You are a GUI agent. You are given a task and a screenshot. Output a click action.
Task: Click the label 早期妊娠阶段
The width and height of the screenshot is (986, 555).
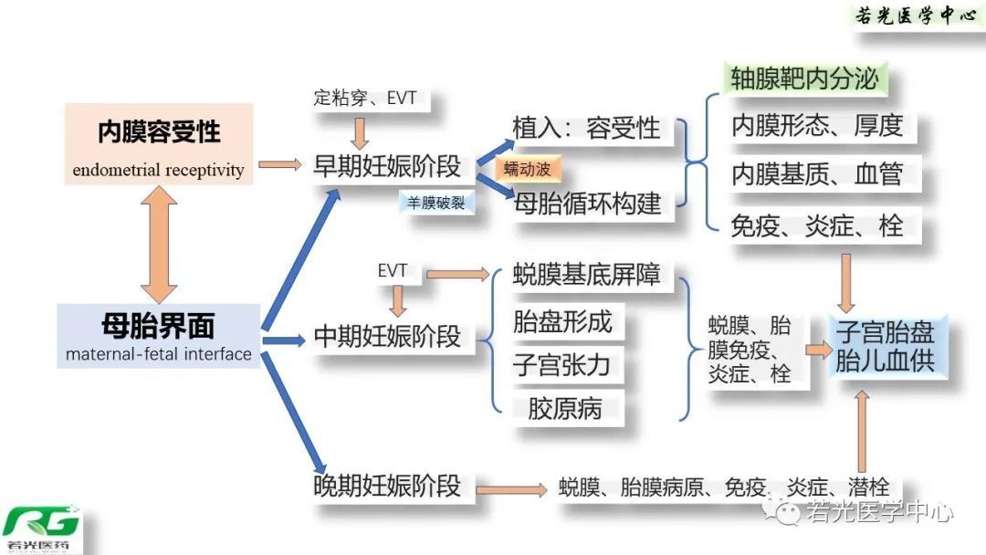(x=387, y=165)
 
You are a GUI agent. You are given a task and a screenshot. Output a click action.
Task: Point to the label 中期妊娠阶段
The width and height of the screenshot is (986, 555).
(x=387, y=336)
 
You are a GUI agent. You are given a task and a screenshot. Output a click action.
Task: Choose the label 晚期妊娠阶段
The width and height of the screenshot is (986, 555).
(x=387, y=485)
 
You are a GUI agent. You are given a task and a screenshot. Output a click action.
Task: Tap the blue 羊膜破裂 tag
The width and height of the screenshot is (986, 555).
(x=436, y=203)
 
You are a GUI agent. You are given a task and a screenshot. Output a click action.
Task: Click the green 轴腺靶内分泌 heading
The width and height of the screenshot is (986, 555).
(x=804, y=79)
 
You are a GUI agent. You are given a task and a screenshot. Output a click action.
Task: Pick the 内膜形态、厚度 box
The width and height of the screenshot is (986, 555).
(x=816, y=125)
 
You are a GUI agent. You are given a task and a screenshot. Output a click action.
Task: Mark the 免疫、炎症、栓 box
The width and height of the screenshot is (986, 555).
(x=816, y=225)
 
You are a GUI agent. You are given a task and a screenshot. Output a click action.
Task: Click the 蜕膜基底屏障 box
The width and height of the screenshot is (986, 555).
(x=585, y=274)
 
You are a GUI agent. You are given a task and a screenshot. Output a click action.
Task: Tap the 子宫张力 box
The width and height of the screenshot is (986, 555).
(x=561, y=365)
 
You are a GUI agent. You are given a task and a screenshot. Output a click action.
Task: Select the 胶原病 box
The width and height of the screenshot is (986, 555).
(x=564, y=408)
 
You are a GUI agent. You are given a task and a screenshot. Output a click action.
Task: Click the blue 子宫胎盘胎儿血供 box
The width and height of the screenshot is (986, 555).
(x=885, y=345)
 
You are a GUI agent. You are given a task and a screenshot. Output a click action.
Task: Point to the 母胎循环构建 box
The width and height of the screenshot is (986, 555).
(x=587, y=203)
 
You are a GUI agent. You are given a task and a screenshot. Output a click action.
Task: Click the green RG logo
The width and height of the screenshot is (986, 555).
(x=41, y=527)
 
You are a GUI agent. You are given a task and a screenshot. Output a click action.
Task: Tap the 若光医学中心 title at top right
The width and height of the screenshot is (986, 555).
(x=915, y=16)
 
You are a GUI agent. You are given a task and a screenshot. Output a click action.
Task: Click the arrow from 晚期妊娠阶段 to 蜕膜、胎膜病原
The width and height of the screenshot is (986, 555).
(x=511, y=488)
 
